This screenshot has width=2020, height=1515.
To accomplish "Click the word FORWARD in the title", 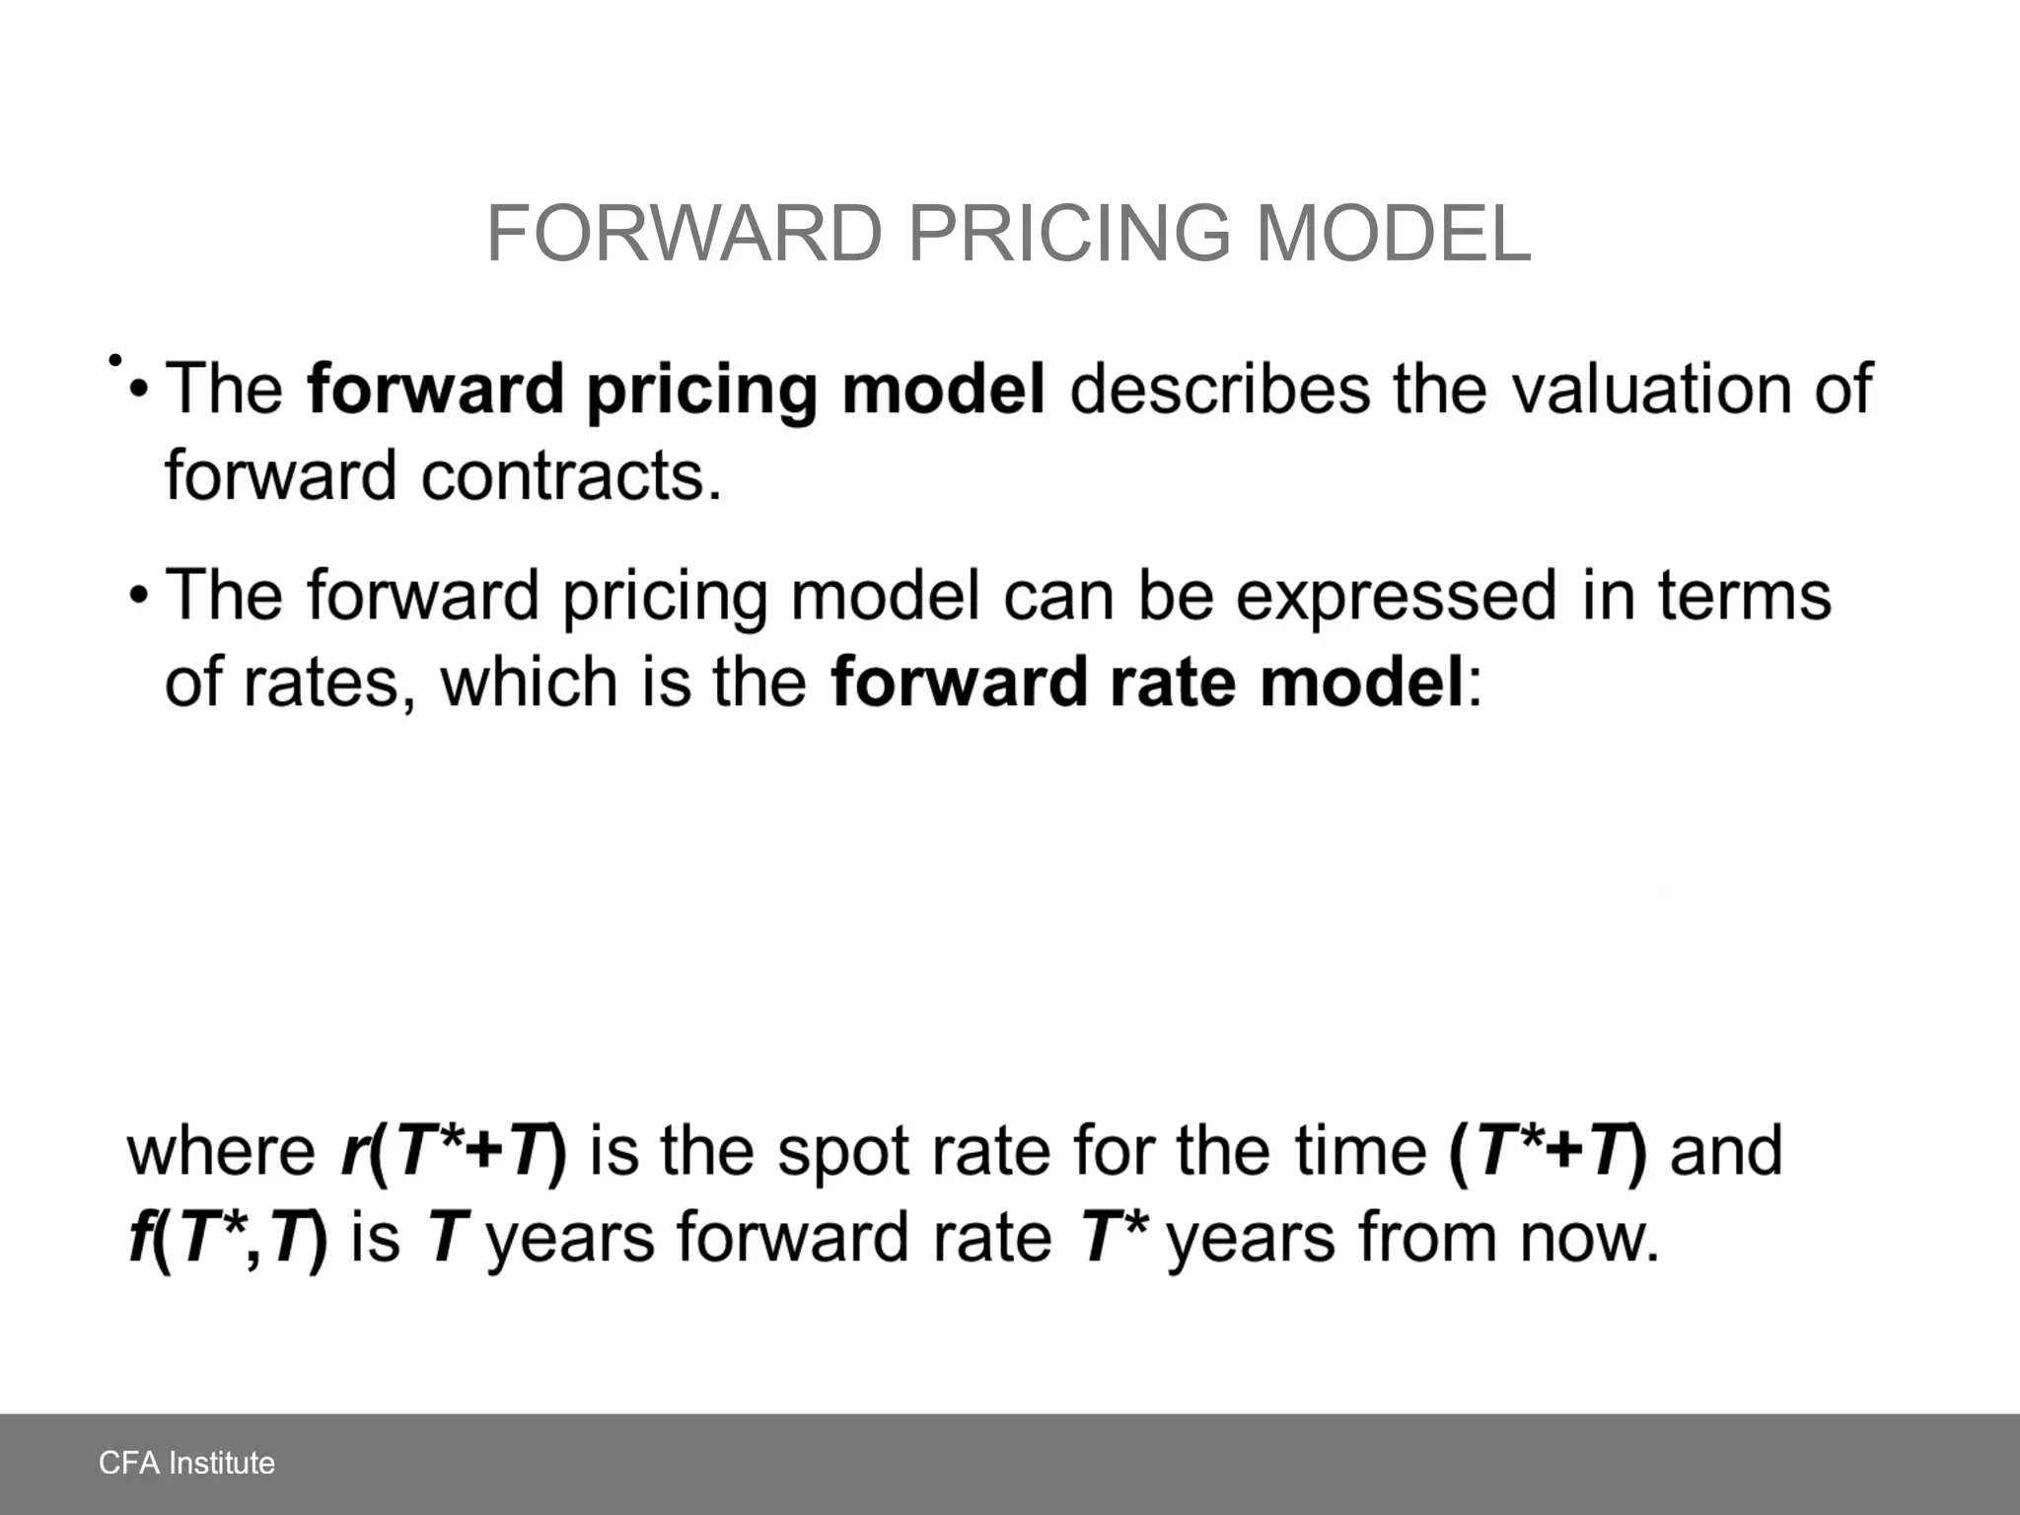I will coord(685,234).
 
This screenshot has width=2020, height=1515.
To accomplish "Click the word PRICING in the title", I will coord(1069,234).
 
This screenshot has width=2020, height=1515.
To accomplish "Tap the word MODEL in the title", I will coord(1394,234).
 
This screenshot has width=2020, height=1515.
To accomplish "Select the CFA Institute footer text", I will coord(186,1462).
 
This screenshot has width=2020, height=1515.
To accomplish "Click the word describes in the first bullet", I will coord(1219,389).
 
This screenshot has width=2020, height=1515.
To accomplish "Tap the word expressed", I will coord(1397,596).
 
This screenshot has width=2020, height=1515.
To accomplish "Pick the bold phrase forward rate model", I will coord(1147,683).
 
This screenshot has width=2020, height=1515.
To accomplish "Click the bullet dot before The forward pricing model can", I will coord(139,597).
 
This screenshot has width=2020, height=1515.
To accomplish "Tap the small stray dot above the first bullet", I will coord(114,360).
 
